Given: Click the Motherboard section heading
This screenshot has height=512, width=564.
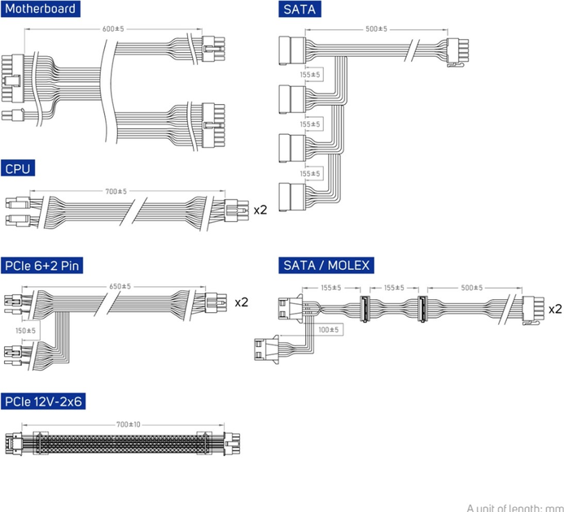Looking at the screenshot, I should [x=42, y=10].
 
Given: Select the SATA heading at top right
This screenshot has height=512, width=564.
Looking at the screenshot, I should [x=298, y=10].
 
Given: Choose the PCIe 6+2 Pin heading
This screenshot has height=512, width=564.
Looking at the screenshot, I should [x=42, y=265].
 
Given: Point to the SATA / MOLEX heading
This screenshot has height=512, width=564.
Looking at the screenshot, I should [x=326, y=265].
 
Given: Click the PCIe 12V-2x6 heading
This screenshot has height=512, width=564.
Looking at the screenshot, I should [x=46, y=401].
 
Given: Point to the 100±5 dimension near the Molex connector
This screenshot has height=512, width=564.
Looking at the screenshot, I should [x=328, y=329].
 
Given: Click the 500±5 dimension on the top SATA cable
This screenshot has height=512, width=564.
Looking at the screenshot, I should [x=376, y=28].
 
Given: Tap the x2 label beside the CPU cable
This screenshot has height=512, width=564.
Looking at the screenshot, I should [x=260, y=210].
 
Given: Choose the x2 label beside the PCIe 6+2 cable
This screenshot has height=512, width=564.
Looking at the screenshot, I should [x=241, y=302].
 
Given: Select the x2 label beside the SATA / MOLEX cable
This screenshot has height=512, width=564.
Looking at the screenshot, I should [x=555, y=309].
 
